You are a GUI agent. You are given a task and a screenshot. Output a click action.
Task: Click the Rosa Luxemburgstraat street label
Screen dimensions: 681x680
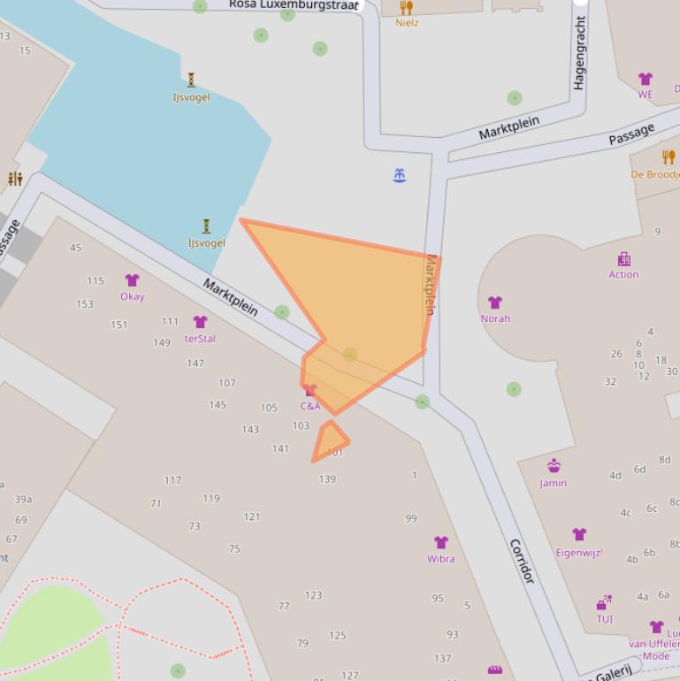pyautogui.click(x=294, y=4)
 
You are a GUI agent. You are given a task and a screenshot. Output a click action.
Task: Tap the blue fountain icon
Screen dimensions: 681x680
pyautogui.click(x=399, y=175)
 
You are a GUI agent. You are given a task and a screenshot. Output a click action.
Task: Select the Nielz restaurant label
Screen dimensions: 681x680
pyautogui.click(x=407, y=23)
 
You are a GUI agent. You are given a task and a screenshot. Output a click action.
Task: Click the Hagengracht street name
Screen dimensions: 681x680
pyautogui.click(x=580, y=53)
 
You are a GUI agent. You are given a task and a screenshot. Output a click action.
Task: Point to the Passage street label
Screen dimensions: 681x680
pyautogui.click(x=631, y=134)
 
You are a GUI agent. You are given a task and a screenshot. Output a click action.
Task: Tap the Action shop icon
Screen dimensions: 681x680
pyautogui.click(x=624, y=259)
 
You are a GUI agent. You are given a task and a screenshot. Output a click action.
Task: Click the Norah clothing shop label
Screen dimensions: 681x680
pyautogui.click(x=495, y=318)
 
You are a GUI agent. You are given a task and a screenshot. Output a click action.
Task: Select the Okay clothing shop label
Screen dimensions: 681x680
pyautogui.click(x=133, y=296)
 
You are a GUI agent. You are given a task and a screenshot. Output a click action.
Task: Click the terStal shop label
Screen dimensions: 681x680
pyautogui.click(x=200, y=339)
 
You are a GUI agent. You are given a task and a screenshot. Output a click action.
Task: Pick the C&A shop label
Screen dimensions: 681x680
pyautogui.click(x=310, y=407)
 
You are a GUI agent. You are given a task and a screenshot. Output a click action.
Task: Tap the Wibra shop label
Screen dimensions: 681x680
pyautogui.click(x=440, y=559)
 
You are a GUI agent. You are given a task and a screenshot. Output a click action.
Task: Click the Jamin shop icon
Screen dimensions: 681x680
pyautogui.click(x=554, y=466)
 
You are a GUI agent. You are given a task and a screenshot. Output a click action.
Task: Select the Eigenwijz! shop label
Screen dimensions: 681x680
pyautogui.click(x=579, y=553)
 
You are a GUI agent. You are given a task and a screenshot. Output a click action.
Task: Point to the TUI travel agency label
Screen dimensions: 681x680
pyautogui.click(x=604, y=619)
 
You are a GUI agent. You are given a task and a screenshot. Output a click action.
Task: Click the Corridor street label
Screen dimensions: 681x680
pyautogui.click(x=522, y=561)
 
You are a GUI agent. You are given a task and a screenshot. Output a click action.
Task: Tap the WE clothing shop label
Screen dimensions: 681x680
pyautogui.click(x=646, y=95)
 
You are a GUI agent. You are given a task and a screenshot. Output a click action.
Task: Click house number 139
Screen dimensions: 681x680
pyautogui.click(x=327, y=479)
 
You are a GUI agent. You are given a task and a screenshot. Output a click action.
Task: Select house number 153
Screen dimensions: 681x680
pyautogui.click(x=85, y=304)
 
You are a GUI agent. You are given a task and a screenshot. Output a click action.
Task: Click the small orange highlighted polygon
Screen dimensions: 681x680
pyautogui.click(x=330, y=441)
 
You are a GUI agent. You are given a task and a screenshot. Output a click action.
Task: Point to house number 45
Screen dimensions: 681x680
pyautogui.click(x=75, y=248)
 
